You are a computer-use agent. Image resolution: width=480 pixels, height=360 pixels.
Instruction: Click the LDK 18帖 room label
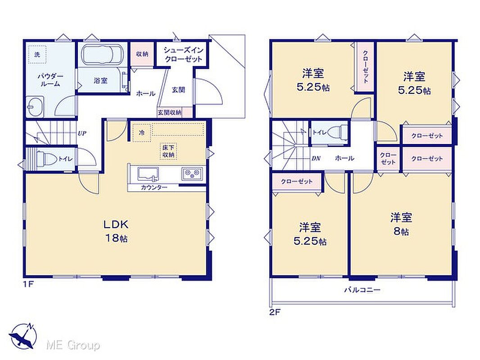tap(116, 231)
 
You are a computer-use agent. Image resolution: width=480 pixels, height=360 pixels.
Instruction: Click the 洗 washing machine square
tap(37, 54)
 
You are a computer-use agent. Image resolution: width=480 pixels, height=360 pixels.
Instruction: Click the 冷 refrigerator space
tap(142, 133)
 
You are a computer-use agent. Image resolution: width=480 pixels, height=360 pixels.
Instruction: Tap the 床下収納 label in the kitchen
tap(168, 151)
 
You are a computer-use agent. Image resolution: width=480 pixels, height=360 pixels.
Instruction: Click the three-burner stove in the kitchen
tap(192, 174)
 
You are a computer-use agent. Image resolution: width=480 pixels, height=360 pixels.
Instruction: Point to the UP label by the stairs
tap(82, 133)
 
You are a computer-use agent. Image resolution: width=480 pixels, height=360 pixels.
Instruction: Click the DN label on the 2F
tap(316, 158)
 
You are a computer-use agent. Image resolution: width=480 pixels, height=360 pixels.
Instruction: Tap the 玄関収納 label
tap(170, 112)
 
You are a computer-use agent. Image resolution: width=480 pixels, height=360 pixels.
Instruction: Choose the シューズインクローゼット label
tap(183, 54)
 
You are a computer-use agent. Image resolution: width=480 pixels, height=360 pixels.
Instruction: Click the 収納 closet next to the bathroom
tap(142, 54)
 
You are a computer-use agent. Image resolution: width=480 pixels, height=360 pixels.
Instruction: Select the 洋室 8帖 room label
tap(401, 224)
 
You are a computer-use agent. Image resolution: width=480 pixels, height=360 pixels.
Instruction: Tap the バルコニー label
tap(362, 290)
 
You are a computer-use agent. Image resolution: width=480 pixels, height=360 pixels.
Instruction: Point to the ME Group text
tap(73, 345)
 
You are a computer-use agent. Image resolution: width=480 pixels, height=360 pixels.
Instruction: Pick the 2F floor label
tap(275, 312)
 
